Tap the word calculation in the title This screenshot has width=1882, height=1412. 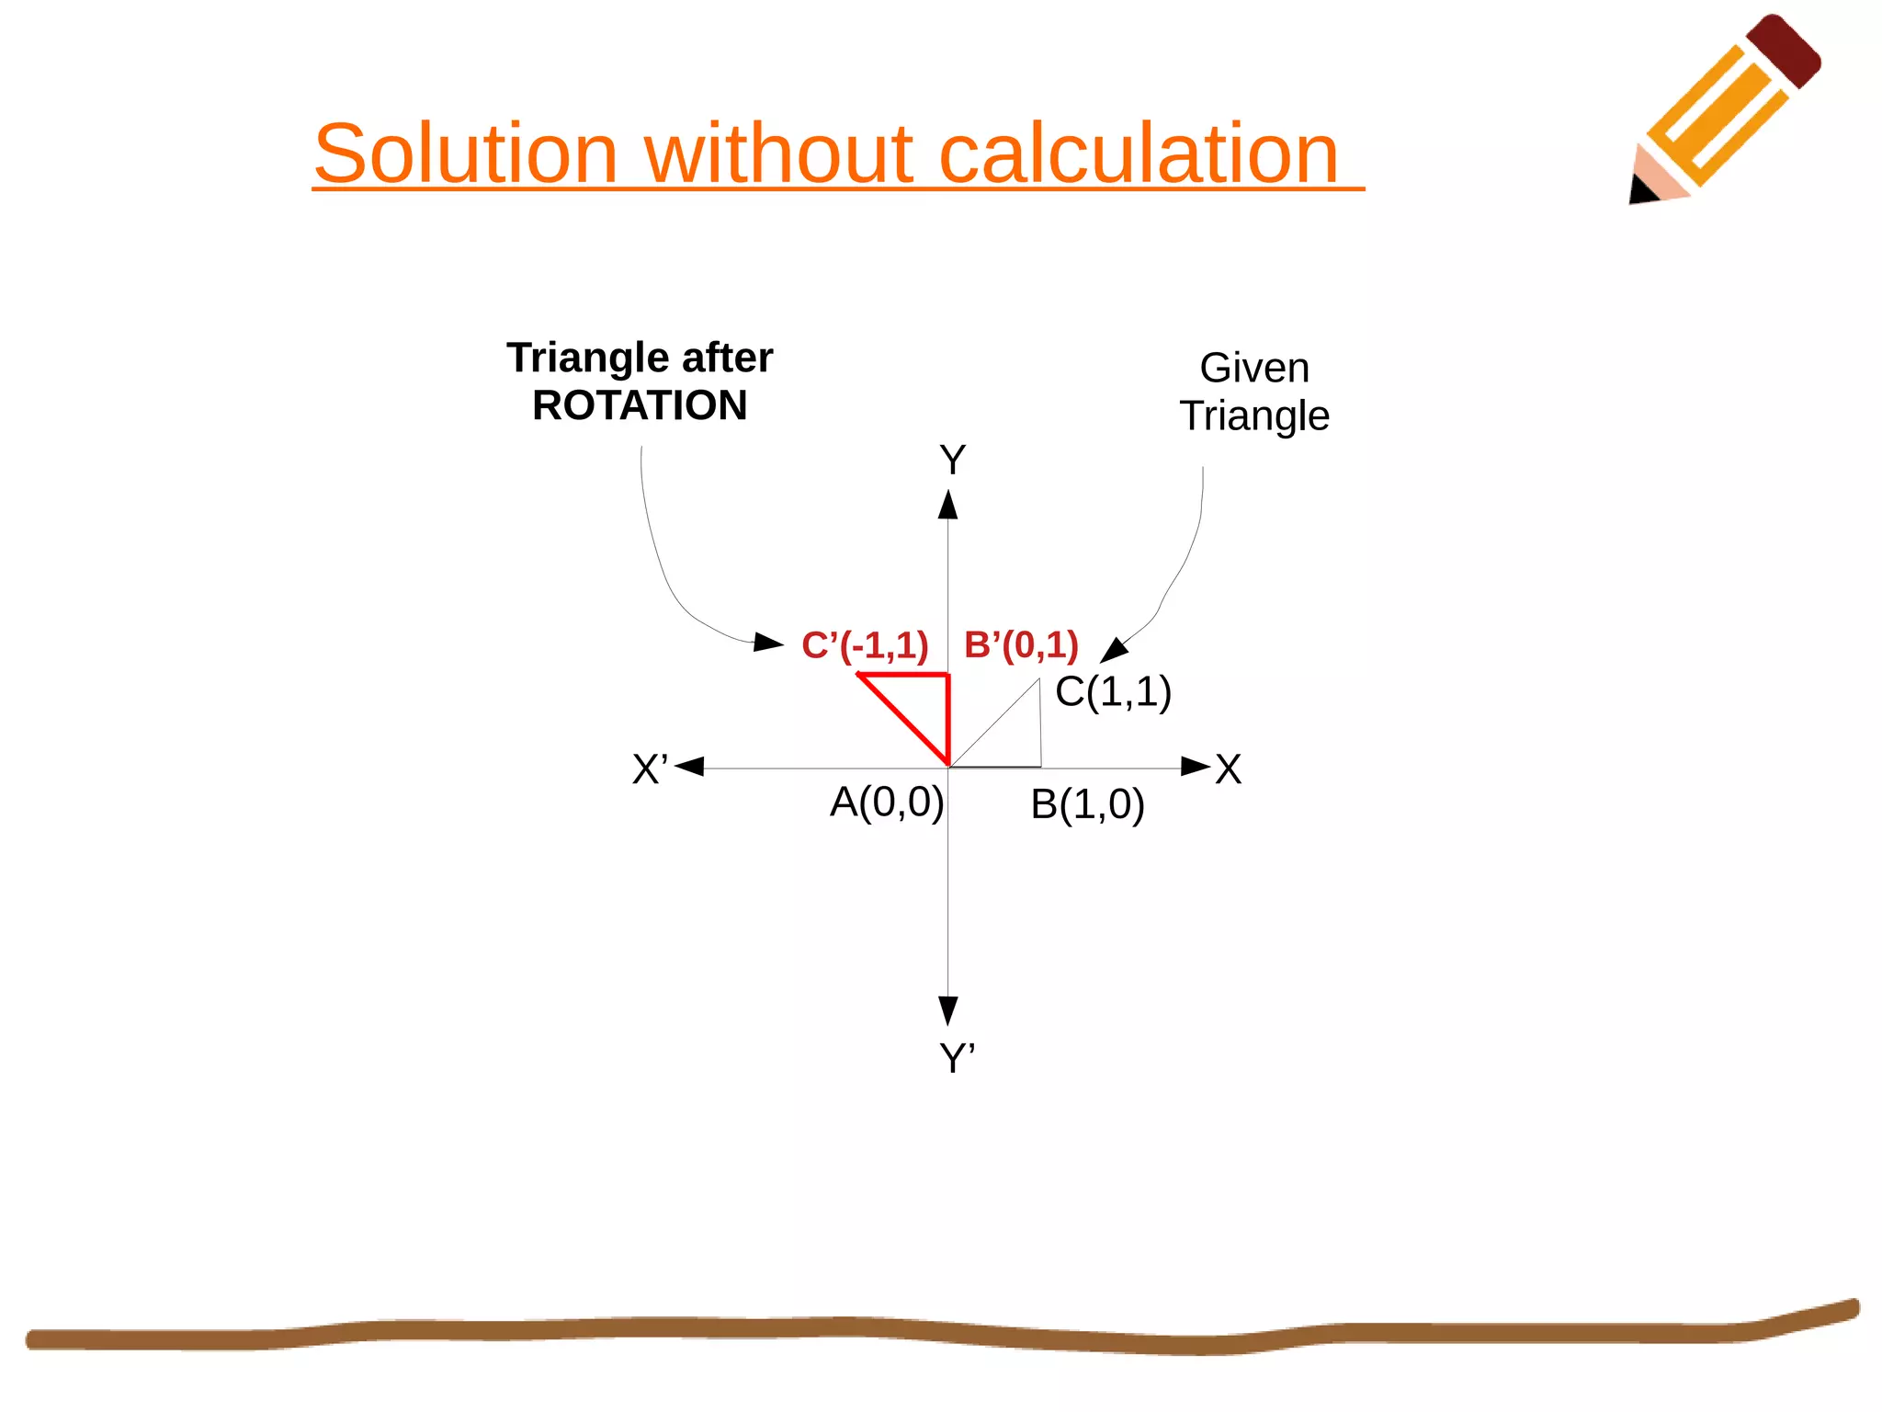point(1139,154)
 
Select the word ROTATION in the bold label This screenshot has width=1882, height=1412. point(640,405)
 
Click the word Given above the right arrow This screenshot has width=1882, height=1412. point(1254,368)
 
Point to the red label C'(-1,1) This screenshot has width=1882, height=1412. point(865,645)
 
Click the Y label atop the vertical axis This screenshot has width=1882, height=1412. point(952,460)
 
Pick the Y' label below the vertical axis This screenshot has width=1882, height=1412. point(957,1058)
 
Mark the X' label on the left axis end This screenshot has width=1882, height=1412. point(651,769)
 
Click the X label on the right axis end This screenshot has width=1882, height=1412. point(1229,769)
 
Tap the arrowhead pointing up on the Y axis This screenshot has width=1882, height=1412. point(948,505)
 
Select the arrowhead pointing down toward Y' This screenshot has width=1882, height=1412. point(948,1009)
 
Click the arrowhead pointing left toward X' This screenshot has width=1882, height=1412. point(690,767)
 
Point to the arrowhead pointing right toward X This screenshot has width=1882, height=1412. point(1195,767)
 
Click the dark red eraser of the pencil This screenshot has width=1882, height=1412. point(1784,51)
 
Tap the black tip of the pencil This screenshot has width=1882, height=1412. point(1641,190)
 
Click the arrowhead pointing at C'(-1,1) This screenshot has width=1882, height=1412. point(768,642)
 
